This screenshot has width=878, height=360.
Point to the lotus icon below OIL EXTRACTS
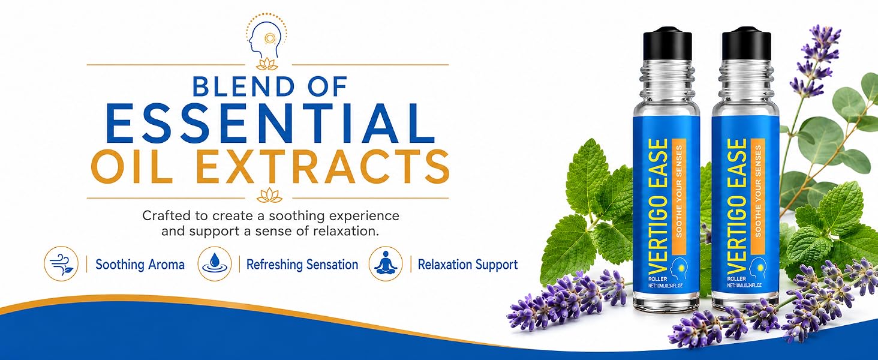[269, 195]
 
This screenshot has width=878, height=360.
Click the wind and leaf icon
[61, 263]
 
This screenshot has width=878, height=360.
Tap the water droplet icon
[215, 263]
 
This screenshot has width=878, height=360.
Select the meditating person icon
[386, 263]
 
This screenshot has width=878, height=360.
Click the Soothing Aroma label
[140, 265]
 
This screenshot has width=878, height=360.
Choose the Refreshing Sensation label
[302, 265]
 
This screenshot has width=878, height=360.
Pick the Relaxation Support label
[468, 265]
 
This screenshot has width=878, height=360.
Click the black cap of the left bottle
[667, 43]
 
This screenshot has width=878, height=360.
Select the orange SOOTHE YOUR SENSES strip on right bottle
[757, 196]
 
